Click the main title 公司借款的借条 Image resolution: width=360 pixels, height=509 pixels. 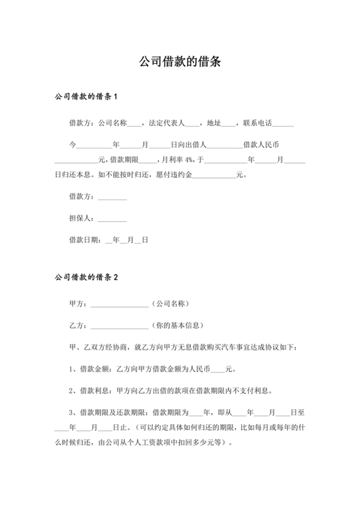coord(180,62)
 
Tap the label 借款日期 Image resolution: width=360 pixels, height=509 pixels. coord(83,239)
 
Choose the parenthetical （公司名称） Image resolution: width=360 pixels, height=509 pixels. coord(169,303)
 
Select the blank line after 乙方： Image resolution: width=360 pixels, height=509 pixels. coord(119,326)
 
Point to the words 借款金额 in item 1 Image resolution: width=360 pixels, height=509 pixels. coord(95,370)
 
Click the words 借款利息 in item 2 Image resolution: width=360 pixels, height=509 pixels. coord(95,390)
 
